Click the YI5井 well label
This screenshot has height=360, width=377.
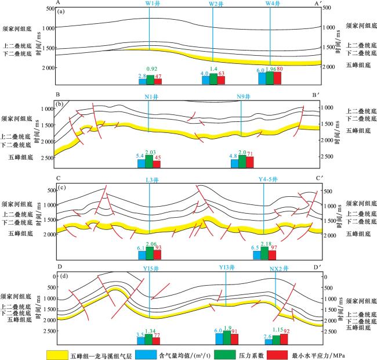tap(150, 268)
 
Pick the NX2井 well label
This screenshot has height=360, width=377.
tap(278, 268)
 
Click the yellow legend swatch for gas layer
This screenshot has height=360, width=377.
tap(66, 352)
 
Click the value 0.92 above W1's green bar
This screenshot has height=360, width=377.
tap(151, 70)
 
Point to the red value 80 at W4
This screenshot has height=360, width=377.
tap(280, 69)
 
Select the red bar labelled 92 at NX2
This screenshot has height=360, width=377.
tap(284, 339)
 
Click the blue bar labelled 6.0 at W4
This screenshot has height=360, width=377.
tap(262, 78)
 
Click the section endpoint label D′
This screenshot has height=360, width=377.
tap(317, 268)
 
